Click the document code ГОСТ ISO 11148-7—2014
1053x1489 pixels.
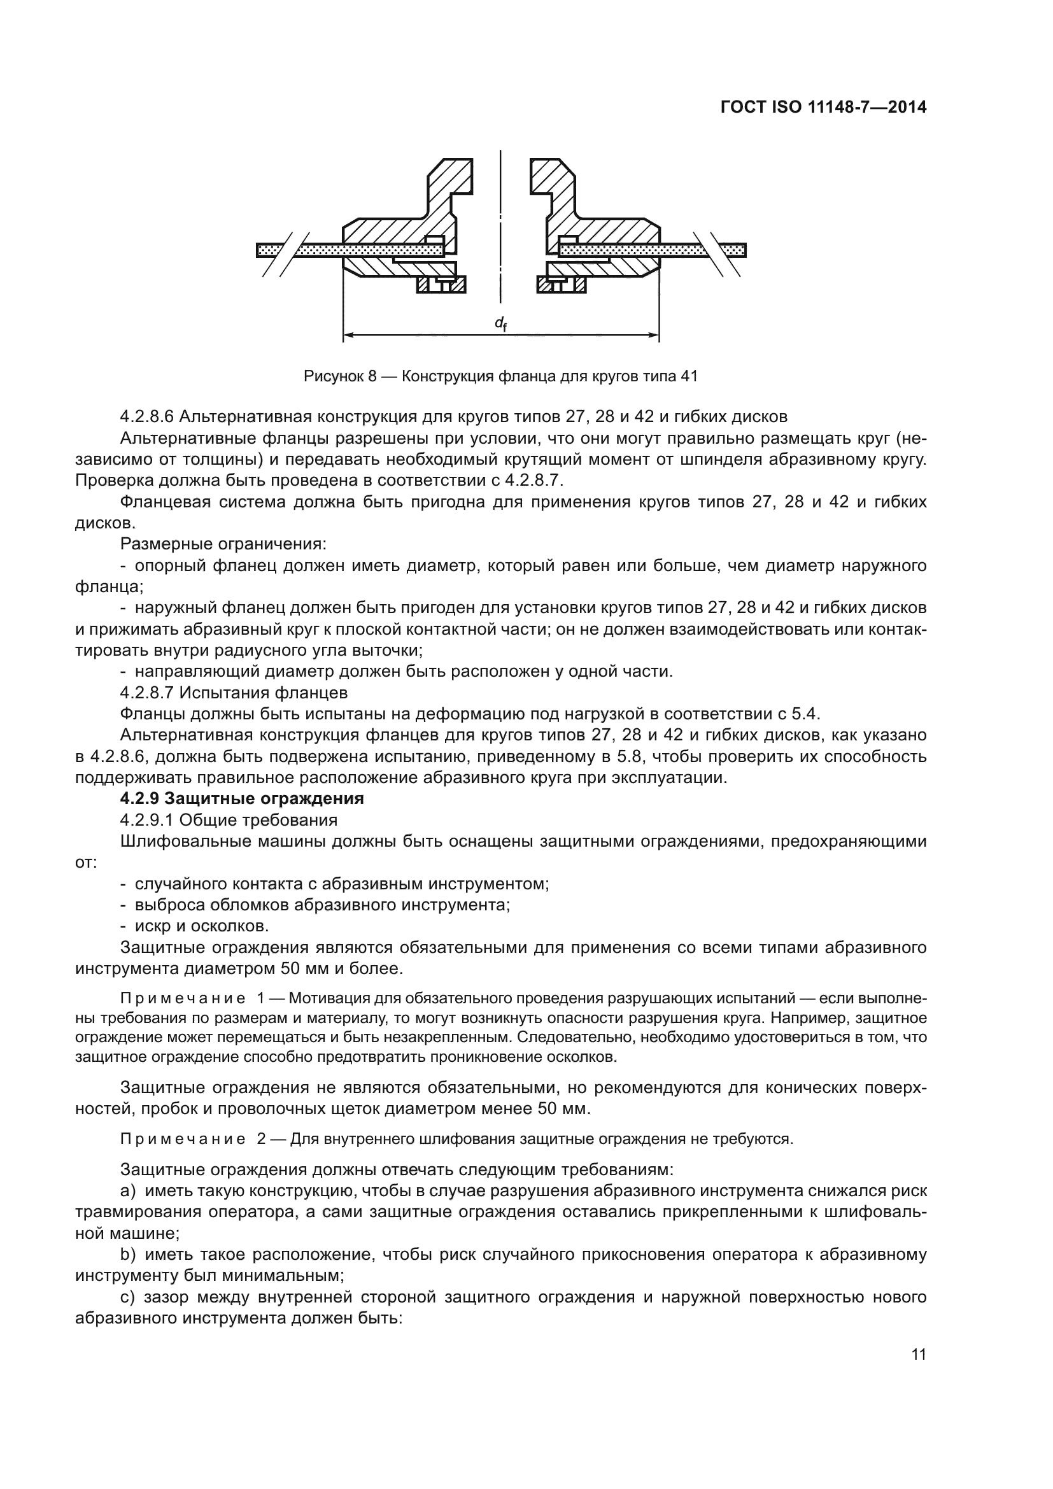click(823, 107)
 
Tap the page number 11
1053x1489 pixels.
click(918, 1355)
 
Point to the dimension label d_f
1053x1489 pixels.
click(500, 323)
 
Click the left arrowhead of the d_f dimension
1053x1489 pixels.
click(348, 335)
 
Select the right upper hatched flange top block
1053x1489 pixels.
click(552, 178)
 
